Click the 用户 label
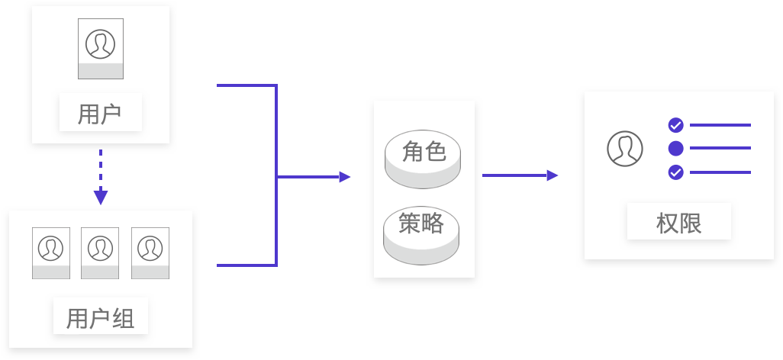[100, 114]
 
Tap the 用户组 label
[100, 317]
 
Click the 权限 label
[678, 223]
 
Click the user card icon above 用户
[100, 48]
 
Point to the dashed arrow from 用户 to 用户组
[100, 177]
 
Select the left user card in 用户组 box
[51, 252]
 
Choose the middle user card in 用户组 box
[100, 252]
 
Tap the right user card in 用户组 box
[150, 252]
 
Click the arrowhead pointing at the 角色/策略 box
[345, 177]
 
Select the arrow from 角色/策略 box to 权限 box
[520, 175]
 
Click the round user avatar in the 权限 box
[625, 148]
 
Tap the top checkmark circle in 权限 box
[675, 125]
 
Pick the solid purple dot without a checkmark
[675, 148]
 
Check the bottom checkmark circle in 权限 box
[675, 172]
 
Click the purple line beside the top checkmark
[720, 125]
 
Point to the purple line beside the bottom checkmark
[720, 172]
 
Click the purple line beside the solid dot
[720, 148]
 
